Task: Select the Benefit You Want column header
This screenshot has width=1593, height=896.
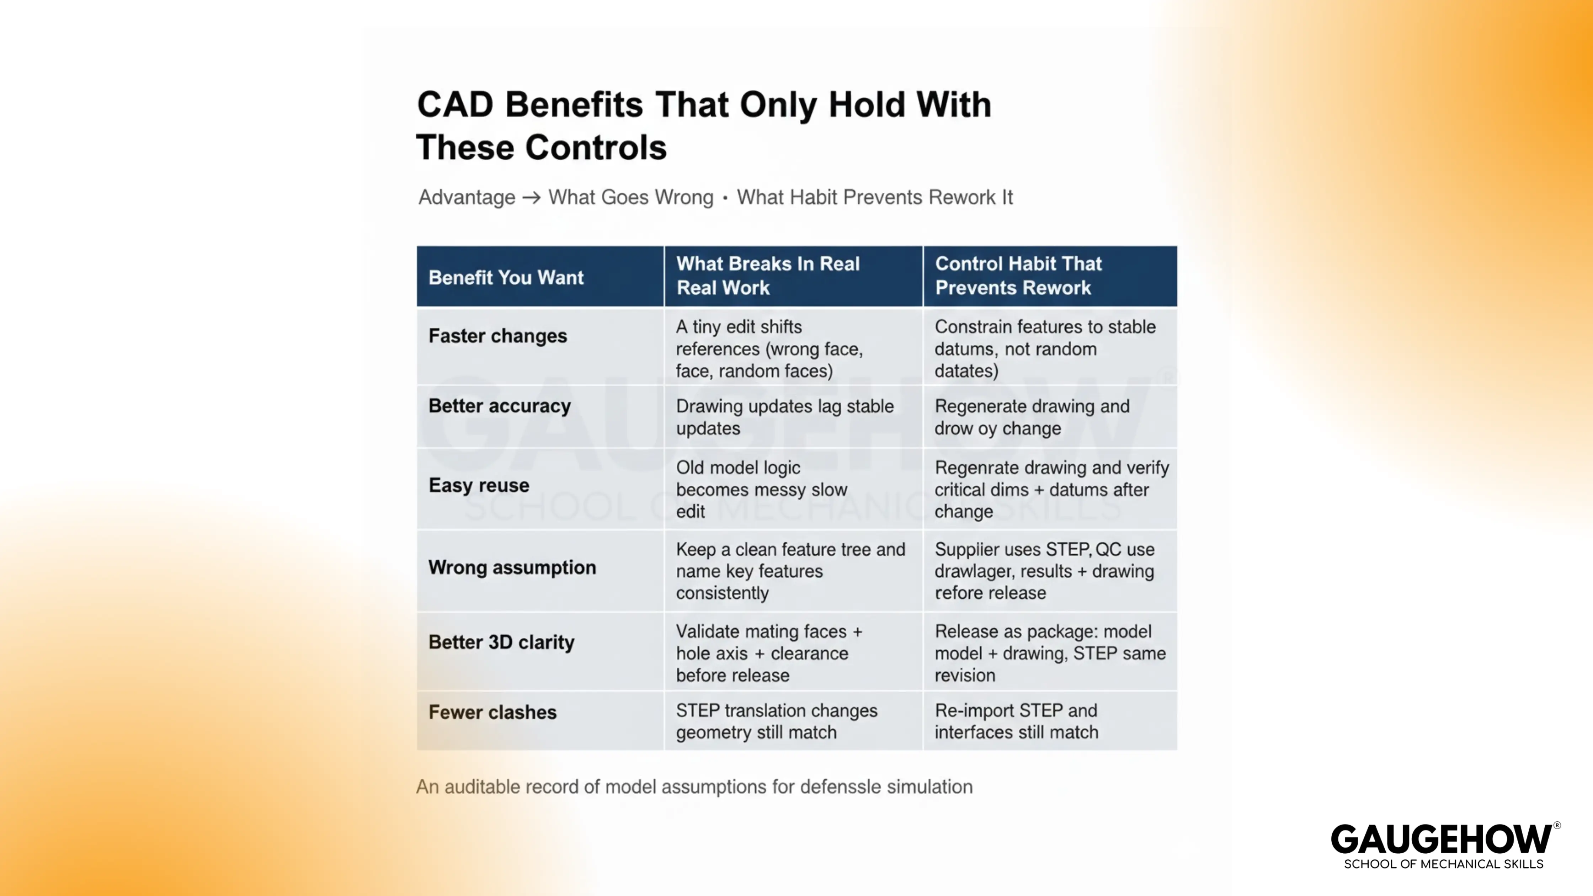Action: [x=506, y=278]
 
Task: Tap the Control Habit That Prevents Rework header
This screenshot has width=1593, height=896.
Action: [x=1018, y=276]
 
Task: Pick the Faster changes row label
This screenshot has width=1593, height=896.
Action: [x=497, y=336]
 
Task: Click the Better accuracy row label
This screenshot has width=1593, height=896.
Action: [x=499, y=406]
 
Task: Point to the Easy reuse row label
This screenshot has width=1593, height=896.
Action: [x=479, y=485]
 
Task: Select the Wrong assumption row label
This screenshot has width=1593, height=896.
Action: [x=512, y=568]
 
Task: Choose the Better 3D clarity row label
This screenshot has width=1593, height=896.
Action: [x=501, y=642]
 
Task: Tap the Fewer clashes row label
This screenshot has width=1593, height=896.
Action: [x=492, y=712]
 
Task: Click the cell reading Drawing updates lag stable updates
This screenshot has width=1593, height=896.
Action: [x=784, y=417]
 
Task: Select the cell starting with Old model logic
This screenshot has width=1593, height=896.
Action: [x=761, y=489]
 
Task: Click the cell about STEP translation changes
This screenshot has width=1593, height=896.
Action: [x=776, y=721]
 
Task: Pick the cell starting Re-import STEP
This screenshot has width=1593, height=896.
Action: [x=1016, y=721]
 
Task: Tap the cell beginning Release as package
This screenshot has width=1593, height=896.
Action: [x=1049, y=653]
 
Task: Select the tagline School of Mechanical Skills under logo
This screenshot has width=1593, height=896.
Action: [x=1443, y=864]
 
